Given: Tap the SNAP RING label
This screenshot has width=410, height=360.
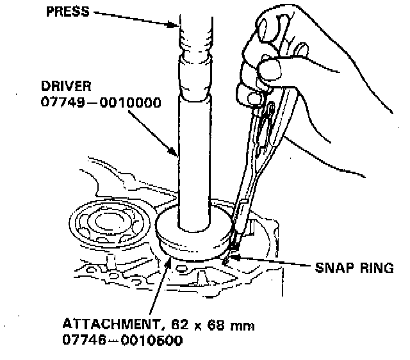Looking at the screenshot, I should click(x=353, y=268).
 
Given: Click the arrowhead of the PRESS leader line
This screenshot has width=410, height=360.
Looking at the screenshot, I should click(x=177, y=26).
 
